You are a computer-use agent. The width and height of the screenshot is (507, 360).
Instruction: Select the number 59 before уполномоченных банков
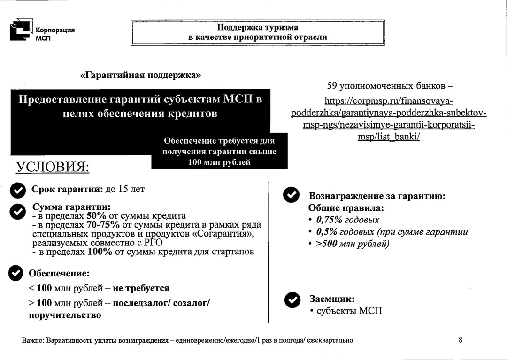(332, 86)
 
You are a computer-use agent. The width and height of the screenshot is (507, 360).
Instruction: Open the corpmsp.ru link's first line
(389, 101)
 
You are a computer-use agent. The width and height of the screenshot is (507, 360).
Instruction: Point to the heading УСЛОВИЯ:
(53, 168)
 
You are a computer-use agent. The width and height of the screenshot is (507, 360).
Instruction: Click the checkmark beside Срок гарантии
(18, 190)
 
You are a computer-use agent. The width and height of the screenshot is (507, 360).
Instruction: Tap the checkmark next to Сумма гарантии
(18, 211)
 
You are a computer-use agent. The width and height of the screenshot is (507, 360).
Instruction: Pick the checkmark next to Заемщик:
(293, 299)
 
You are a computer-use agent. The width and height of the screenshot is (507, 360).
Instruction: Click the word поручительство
(65, 315)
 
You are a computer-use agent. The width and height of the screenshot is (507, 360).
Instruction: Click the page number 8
(461, 340)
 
